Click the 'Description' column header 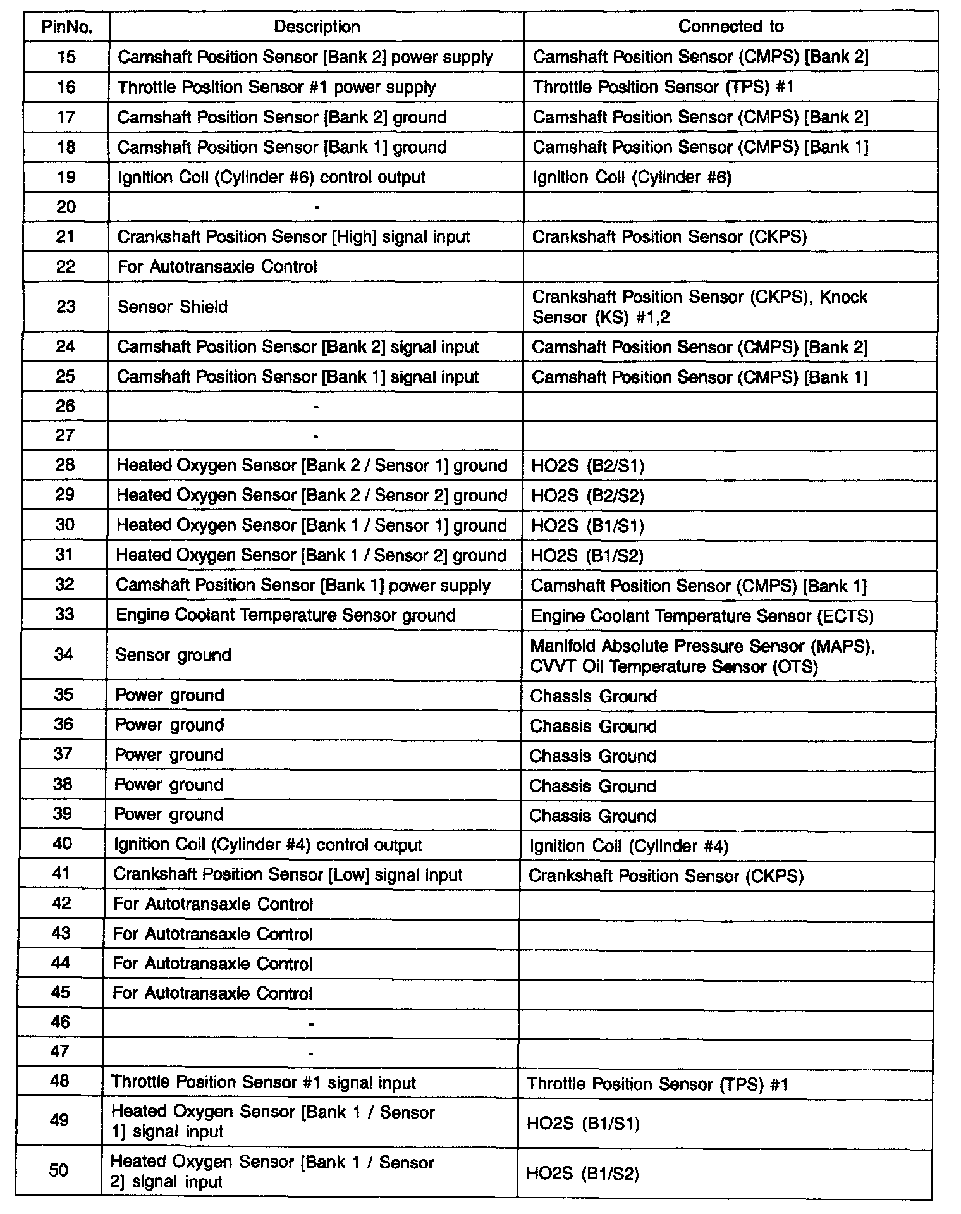(317, 27)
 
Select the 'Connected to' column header (730, 27)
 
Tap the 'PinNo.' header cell (66, 27)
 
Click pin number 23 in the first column (66, 307)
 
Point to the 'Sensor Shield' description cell (173, 307)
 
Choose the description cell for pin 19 (272, 177)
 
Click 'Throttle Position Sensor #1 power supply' (276, 87)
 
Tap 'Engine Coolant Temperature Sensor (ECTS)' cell (702, 616)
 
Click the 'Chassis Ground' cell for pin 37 (592, 756)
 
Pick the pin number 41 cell (62, 873)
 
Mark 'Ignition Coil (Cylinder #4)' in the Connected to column (628, 846)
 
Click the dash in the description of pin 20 (317, 207)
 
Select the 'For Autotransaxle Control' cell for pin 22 (217, 267)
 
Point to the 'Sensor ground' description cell (173, 655)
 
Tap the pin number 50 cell (59, 1170)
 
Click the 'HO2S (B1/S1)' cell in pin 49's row (583, 1124)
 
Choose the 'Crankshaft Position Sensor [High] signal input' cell (293, 237)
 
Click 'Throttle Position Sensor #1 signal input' (264, 1082)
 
